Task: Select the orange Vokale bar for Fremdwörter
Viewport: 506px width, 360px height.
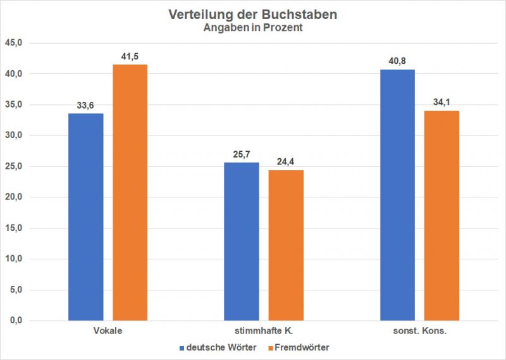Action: (130, 192)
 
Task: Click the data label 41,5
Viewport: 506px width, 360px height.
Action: (130, 58)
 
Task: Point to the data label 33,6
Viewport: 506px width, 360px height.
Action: (85, 106)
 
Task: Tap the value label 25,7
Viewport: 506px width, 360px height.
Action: (242, 155)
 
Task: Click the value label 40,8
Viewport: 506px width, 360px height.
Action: (397, 62)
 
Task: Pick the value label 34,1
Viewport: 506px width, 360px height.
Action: (441, 103)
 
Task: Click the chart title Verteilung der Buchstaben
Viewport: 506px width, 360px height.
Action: (252, 14)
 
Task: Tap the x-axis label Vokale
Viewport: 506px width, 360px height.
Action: (108, 332)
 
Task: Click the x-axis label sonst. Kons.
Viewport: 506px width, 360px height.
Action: (419, 332)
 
